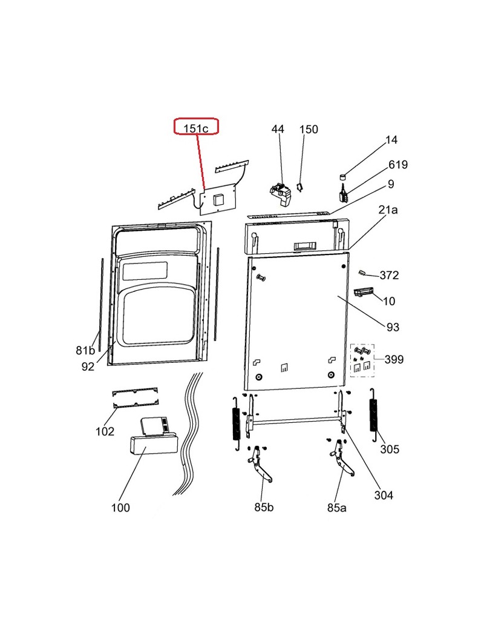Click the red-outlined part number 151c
pos(196,127)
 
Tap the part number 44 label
pos(278,129)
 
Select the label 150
pos(309,129)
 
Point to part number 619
pos(398,165)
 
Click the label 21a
pos(388,210)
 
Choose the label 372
pos(389,275)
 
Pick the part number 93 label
pos(393,327)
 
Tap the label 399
pos(394,360)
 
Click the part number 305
pos(390,449)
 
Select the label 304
pos(384,495)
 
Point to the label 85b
pos(263,507)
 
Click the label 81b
pos(85,350)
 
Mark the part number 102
pos(105,431)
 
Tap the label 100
pos(120,508)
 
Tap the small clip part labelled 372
pos(364,273)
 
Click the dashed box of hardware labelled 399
pos(362,360)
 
